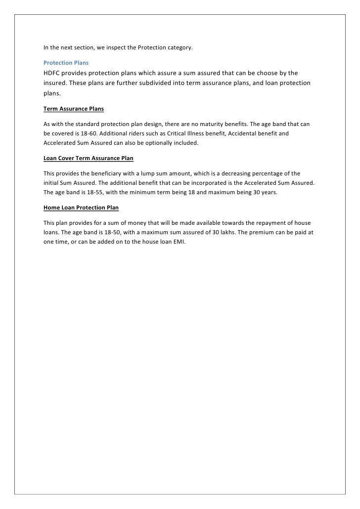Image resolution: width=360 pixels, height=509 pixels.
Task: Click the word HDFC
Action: (53, 73)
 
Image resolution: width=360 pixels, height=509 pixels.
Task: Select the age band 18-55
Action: (97, 193)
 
